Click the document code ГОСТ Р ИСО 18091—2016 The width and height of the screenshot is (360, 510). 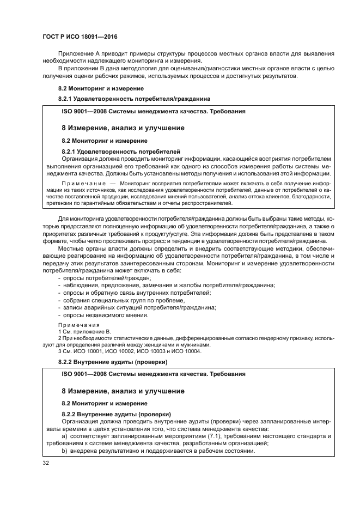coord(80,37)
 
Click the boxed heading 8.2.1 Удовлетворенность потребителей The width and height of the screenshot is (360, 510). coord(121,151)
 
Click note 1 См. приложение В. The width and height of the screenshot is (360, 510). coord(84,331)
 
